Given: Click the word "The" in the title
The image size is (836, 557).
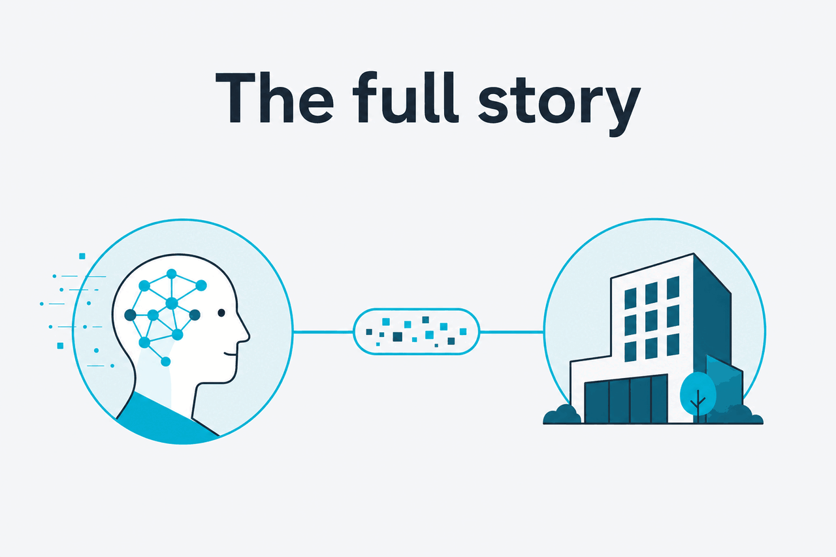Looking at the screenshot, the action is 274,97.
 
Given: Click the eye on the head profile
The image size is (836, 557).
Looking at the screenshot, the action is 221,313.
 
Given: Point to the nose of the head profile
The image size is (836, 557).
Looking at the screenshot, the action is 244,334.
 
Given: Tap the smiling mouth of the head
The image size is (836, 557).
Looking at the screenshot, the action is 231,353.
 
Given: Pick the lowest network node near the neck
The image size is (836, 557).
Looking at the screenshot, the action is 166,362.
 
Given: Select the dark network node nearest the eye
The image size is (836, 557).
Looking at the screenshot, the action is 195,315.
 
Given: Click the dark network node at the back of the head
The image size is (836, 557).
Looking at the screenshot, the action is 130,315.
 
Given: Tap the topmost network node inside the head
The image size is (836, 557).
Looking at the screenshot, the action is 171,274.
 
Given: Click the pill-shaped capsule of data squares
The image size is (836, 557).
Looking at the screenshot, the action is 416,332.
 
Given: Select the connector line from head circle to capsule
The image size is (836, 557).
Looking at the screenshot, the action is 323,332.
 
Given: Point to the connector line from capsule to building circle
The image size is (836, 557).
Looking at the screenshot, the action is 511,332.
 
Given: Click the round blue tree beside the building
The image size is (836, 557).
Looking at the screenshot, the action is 698,394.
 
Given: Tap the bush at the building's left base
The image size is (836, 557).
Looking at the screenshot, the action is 562,415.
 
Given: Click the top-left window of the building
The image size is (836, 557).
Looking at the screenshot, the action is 630,298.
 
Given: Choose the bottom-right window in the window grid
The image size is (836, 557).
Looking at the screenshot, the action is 673,345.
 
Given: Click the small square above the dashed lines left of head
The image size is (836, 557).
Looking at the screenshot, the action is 82,256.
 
